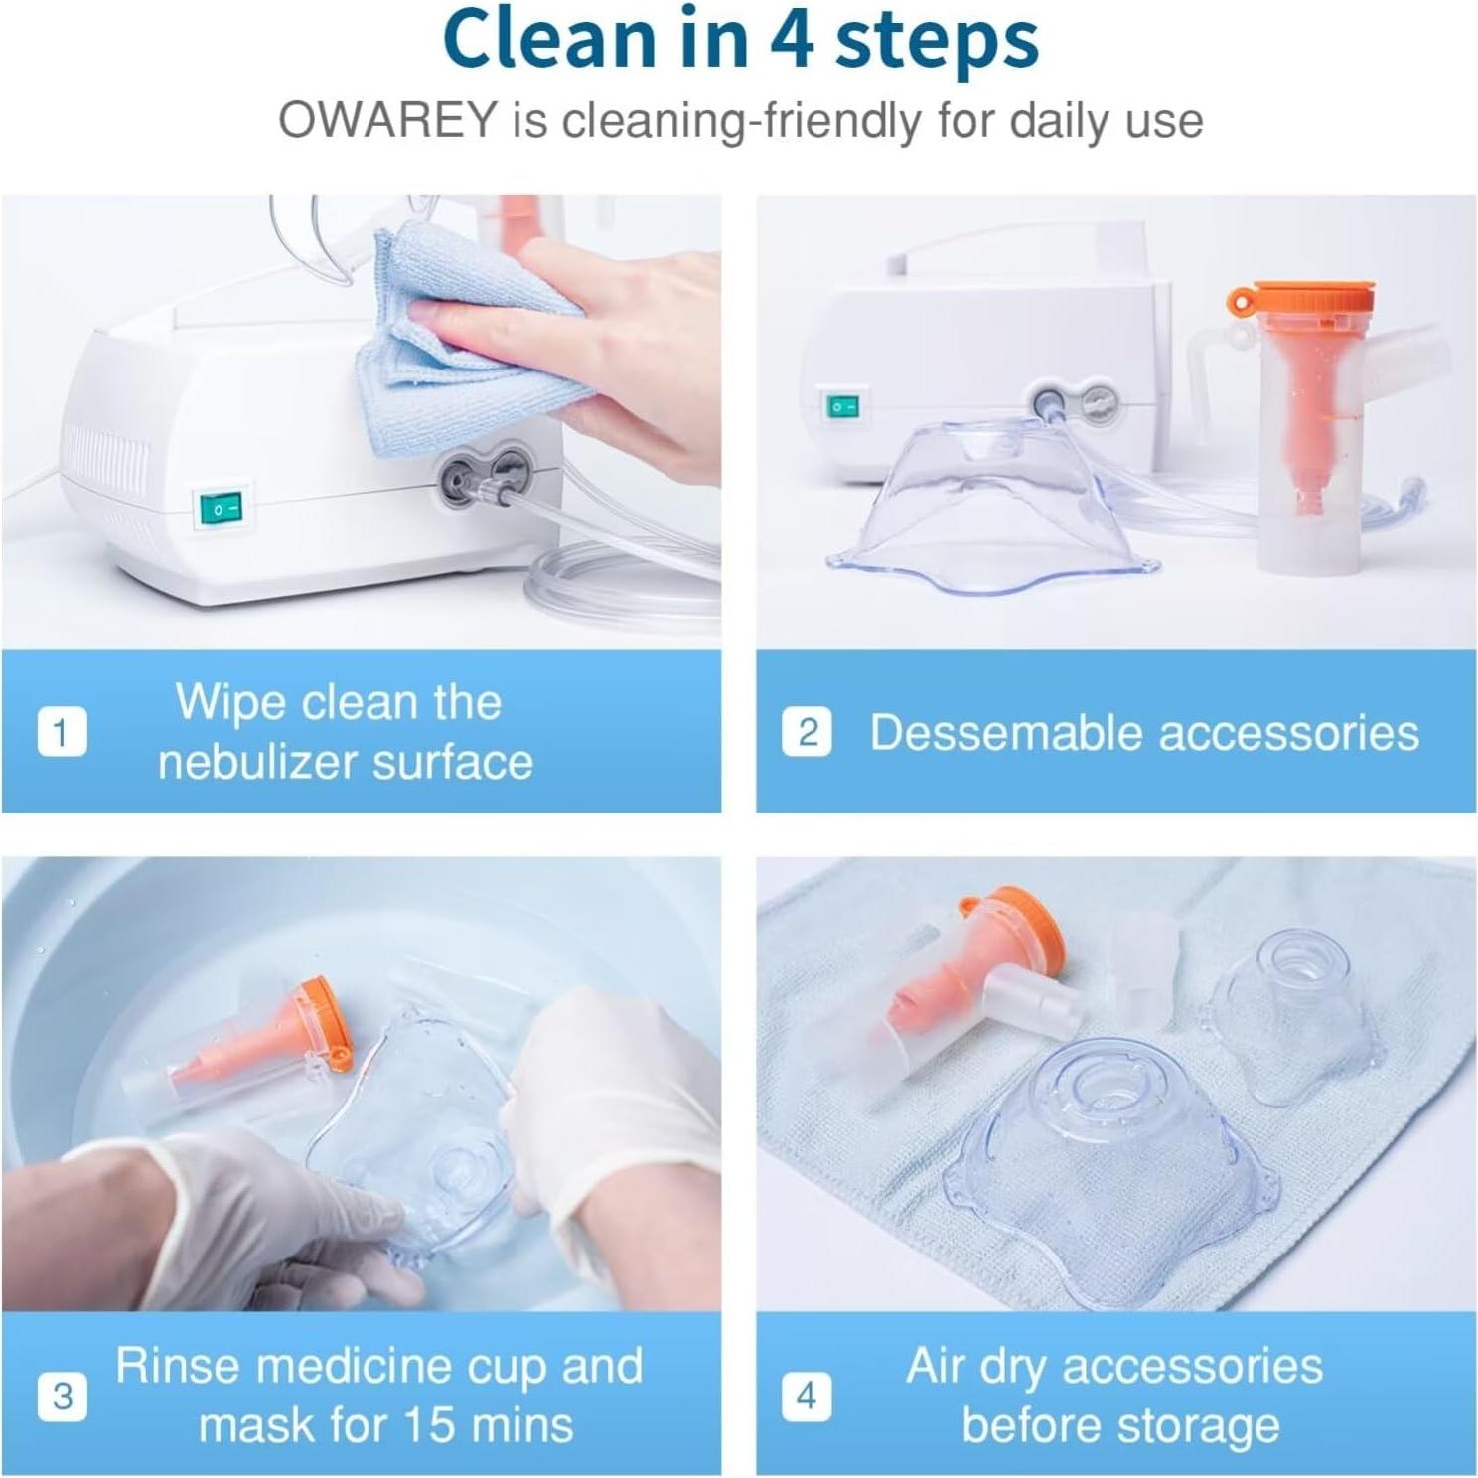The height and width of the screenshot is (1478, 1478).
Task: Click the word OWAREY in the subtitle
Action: (x=386, y=121)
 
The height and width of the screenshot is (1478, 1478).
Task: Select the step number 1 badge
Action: (x=62, y=732)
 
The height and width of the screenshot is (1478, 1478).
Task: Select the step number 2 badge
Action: (x=807, y=732)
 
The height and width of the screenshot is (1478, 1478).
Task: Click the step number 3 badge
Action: (x=62, y=1396)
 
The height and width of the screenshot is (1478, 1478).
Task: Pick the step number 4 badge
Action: (x=807, y=1396)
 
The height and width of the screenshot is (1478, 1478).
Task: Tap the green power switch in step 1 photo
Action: (x=220, y=510)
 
